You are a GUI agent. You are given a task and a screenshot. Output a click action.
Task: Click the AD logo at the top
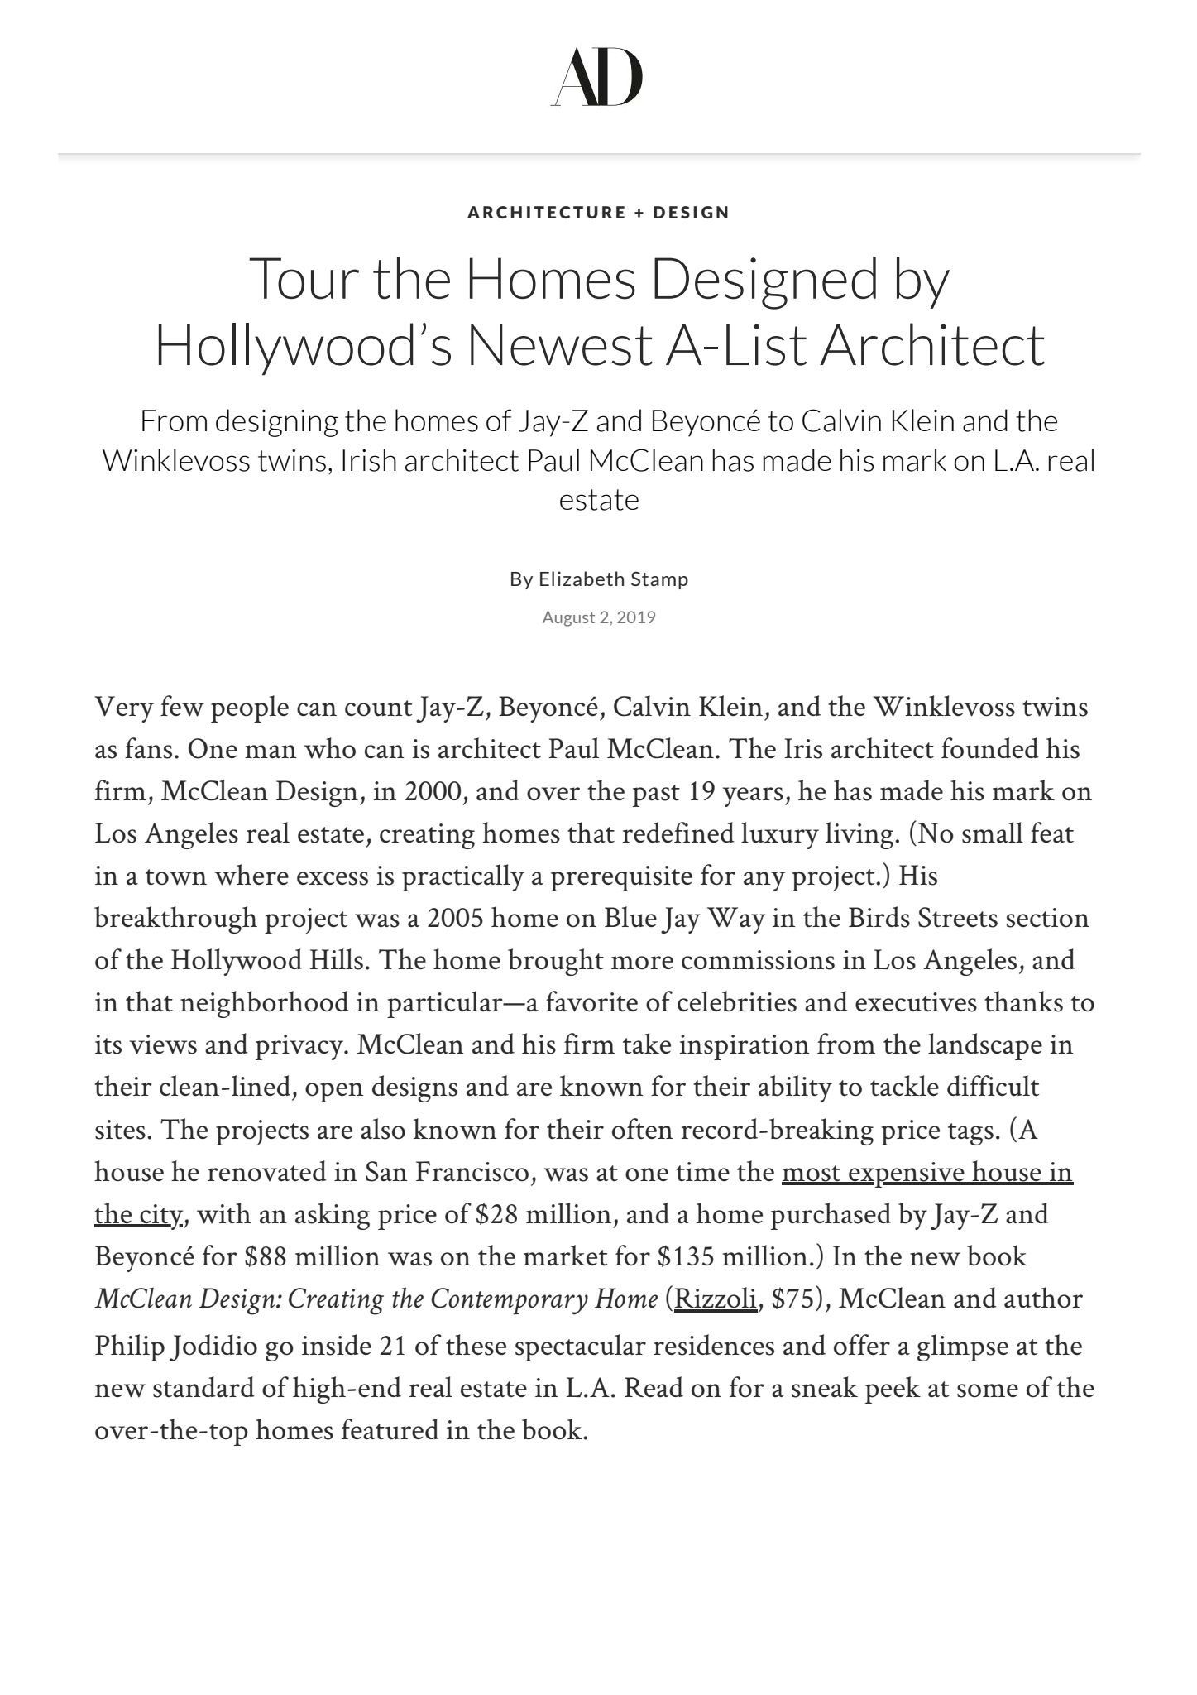tap(597, 77)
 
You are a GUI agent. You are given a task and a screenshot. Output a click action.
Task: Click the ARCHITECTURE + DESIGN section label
tap(598, 213)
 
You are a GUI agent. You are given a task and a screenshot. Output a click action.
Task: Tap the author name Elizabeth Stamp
tap(613, 579)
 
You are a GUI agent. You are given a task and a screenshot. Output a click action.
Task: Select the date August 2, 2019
tap(599, 617)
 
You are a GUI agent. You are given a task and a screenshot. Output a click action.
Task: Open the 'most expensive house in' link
tap(926, 1173)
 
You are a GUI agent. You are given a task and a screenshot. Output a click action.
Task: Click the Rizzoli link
tap(716, 1299)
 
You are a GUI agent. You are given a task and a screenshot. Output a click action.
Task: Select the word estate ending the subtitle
tap(599, 500)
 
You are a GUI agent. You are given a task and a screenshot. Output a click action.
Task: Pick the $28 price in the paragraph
tap(497, 1215)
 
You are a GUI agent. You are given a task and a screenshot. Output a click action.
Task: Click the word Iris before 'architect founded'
tap(797, 750)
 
